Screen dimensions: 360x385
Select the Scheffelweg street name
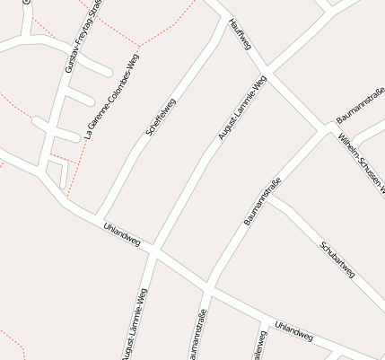[x=161, y=117]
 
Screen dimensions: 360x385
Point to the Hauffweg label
[x=240, y=33]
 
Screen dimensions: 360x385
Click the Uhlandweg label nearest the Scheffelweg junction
[x=122, y=234]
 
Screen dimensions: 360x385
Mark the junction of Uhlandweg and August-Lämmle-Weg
[x=153, y=252]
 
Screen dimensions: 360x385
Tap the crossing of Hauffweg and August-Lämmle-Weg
[x=266, y=71]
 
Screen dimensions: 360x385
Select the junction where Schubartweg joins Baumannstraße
[x=267, y=195]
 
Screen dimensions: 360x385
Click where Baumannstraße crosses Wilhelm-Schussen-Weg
[x=326, y=129]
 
